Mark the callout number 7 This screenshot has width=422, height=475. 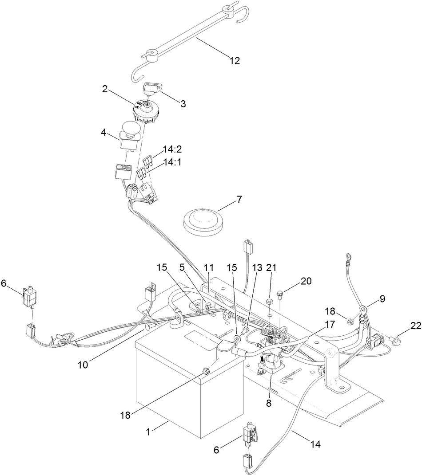point(239,199)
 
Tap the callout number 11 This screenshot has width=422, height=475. point(209,268)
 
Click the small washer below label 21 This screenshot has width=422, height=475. point(269,302)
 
